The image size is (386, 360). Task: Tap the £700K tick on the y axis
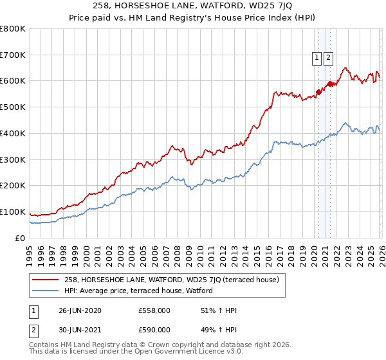click(13, 55)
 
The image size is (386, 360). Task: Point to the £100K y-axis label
click(13, 212)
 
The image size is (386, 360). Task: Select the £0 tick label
click(20, 238)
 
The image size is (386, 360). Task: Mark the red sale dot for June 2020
click(318, 92)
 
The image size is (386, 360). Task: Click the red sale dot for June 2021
click(329, 84)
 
